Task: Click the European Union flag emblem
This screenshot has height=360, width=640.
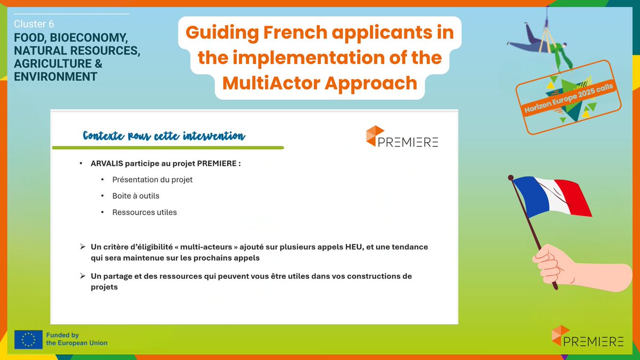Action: click(28, 339)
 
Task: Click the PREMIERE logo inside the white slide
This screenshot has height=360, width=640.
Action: click(402, 137)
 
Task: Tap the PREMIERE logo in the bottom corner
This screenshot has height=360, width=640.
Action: click(587, 337)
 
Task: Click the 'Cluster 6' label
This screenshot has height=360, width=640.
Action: click(34, 24)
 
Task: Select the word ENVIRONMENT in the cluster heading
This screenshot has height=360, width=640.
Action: click(56, 76)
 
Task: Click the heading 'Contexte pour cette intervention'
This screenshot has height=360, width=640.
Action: click(164, 136)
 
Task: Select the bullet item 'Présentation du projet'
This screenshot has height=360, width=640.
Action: click(152, 180)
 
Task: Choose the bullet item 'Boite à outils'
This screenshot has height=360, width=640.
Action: click(135, 196)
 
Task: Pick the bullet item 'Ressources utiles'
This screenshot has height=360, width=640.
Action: click(144, 212)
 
